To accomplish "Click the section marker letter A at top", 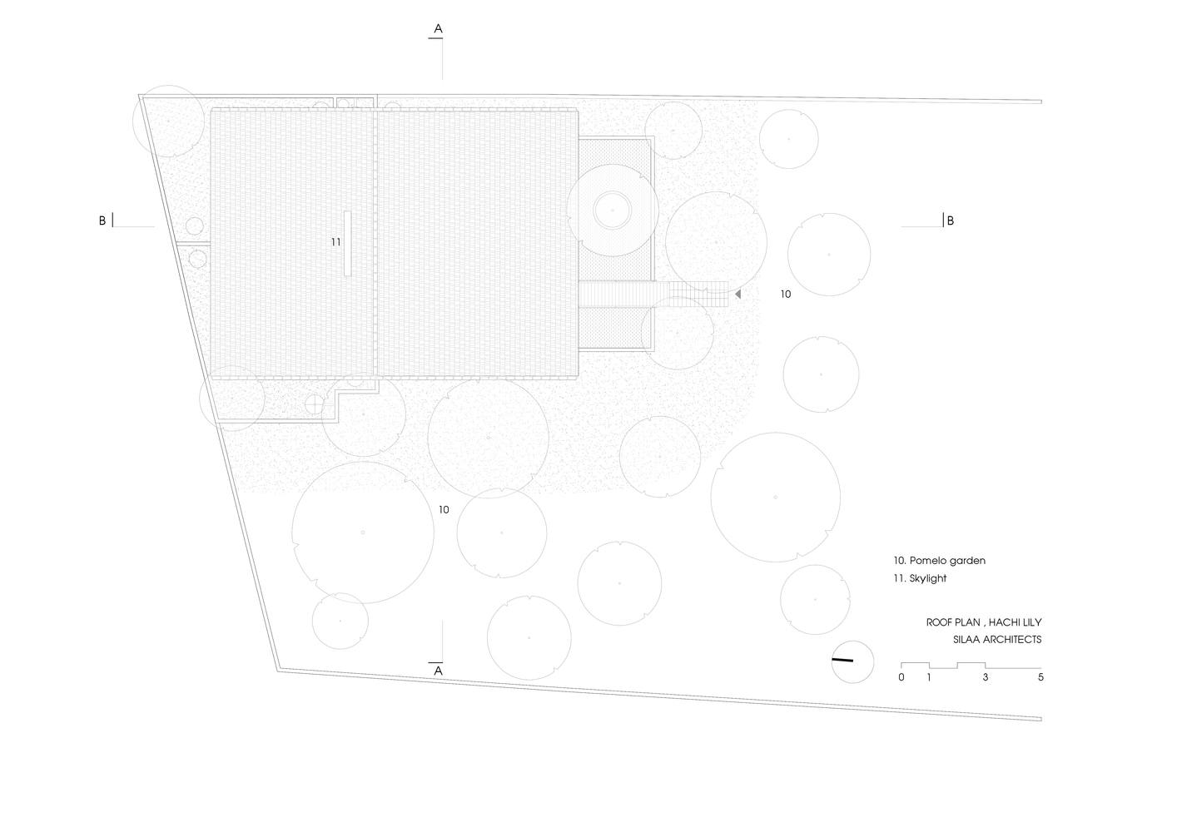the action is [x=438, y=29].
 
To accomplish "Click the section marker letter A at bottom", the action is [x=438, y=671].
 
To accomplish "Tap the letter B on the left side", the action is [x=102, y=220].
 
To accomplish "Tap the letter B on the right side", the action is [x=950, y=221].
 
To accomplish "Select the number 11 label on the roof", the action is [x=335, y=242].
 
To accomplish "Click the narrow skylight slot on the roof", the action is [x=348, y=243].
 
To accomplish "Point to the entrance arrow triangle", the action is [x=737, y=295].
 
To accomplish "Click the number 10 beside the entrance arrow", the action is [x=786, y=295].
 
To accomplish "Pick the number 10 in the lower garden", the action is [x=444, y=509].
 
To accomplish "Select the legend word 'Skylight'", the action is [x=928, y=578].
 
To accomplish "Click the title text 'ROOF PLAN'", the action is [x=953, y=622].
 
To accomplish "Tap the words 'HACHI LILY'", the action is [x=1016, y=622].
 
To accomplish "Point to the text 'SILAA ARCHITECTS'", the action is [x=997, y=640].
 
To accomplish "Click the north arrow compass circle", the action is [x=853, y=661].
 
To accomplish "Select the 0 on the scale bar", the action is [x=901, y=677].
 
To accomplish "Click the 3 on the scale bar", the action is [x=986, y=677].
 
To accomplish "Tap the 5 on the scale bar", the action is [x=1041, y=677].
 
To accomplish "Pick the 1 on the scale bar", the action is [x=929, y=677].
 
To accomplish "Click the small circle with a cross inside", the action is [x=315, y=404].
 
